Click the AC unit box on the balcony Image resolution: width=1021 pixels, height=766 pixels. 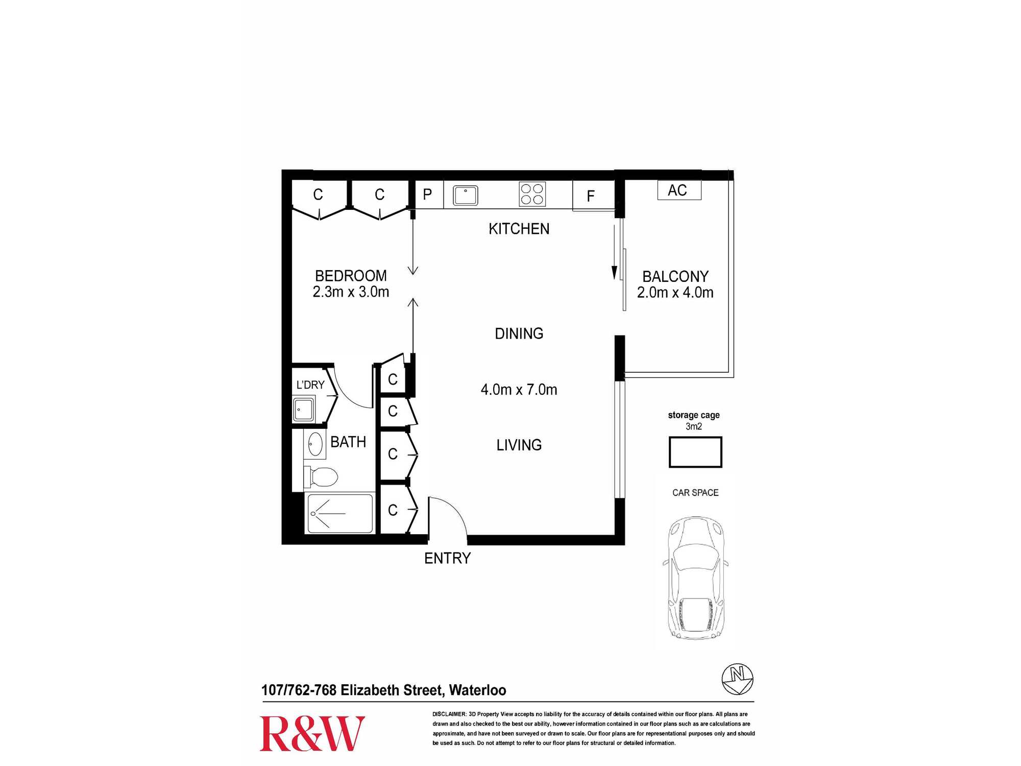(679, 190)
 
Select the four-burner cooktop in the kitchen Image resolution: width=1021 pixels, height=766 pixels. (532, 194)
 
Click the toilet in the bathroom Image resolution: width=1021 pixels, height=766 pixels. (321, 477)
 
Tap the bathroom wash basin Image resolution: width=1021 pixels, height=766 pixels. (314, 444)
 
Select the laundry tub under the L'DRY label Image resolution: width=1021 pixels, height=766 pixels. (303, 410)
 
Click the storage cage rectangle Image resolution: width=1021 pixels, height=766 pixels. (695, 452)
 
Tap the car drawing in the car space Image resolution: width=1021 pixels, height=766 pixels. (695, 578)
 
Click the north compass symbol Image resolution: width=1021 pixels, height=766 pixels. (737, 679)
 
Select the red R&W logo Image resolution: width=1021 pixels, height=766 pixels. (312, 733)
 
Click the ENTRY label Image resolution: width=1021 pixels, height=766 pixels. (447, 558)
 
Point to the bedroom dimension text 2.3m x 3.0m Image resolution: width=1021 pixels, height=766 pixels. (351, 292)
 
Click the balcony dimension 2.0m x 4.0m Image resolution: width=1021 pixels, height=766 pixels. (675, 293)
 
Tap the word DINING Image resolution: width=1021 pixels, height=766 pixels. (519, 333)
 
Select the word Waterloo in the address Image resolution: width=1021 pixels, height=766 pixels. (478, 690)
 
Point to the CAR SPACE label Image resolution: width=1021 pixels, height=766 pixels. (695, 493)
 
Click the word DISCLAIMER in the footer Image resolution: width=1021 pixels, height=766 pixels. (449, 714)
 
